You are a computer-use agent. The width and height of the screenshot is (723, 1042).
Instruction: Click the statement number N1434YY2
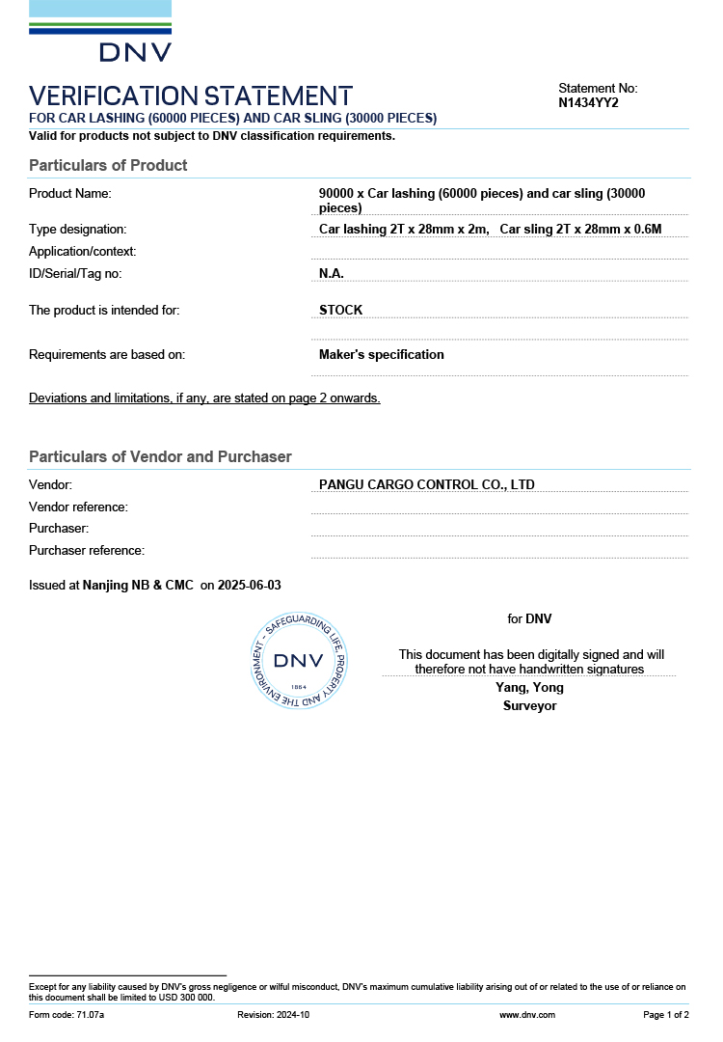pos(588,102)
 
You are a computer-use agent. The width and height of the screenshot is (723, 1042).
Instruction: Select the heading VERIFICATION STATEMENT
pos(191,96)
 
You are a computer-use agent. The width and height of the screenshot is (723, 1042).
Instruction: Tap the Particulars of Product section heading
pos(108,165)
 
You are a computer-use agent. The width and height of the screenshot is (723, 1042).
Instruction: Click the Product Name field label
pos(70,193)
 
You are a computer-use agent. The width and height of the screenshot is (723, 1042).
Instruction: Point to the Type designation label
pos(78,229)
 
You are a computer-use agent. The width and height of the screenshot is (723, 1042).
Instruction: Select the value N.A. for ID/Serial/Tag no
pos(332,273)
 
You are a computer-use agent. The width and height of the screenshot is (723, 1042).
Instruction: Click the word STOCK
pos(341,310)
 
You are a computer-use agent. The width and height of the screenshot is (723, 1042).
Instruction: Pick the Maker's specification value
pos(382,354)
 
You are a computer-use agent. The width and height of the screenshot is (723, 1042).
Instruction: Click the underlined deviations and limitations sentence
pos(204,398)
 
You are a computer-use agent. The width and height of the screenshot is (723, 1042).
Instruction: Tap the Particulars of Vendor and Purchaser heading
pos(160,456)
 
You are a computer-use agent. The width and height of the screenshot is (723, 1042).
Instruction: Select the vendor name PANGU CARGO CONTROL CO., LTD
pos(427,484)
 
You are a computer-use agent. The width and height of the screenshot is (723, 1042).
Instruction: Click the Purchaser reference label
pos(87,550)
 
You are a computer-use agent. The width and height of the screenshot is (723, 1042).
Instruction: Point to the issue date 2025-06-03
pos(250,585)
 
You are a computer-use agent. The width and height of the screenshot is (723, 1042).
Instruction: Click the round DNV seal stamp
pos(299,661)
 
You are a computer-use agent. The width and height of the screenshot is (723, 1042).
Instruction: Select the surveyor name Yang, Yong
pos(529,687)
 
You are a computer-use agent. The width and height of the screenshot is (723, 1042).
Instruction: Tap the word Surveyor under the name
pos(529,705)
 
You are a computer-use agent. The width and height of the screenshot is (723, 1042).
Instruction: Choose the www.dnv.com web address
pos(527,1015)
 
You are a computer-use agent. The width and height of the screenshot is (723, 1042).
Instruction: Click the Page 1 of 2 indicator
pos(666,1015)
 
